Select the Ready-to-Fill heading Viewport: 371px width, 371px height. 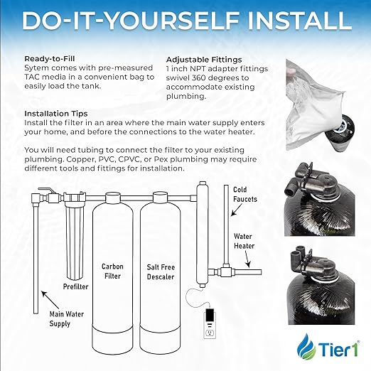[52, 59]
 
